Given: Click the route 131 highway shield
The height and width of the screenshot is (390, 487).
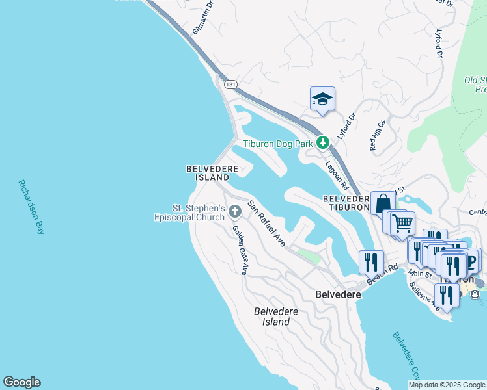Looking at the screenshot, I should (230, 84).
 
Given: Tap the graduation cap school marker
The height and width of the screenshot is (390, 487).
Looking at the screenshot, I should (322, 99).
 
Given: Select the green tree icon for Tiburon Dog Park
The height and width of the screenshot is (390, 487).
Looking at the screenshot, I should (322, 142).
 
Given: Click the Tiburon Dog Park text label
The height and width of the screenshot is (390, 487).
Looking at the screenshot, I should (278, 144).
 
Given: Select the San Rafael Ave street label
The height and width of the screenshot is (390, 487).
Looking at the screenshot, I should (266, 223).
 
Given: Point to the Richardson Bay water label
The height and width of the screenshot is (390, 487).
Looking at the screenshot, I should (31, 207).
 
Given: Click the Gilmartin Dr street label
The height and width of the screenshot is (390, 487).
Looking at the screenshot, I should (204, 21).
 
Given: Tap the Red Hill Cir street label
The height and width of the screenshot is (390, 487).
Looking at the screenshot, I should (378, 135).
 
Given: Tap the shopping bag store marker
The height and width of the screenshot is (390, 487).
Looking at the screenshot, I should (382, 202).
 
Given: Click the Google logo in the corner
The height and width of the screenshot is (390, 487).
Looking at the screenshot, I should (21, 382).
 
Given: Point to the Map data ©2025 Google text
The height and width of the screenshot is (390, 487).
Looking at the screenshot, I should (447, 385).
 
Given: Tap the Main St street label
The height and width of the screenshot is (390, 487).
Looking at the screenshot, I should (421, 274).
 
